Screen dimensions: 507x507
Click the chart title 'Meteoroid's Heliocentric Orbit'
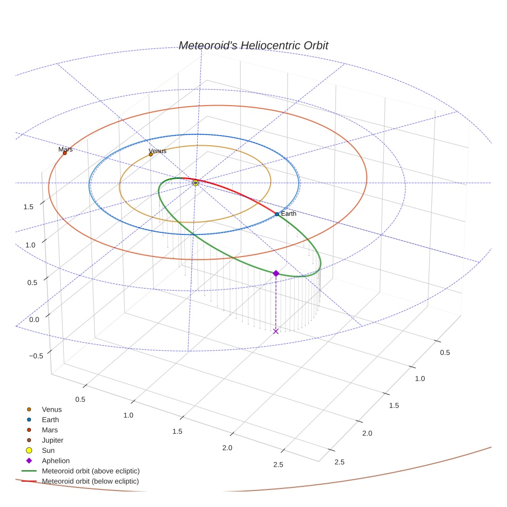[253, 46]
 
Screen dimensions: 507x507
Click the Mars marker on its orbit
[64, 153]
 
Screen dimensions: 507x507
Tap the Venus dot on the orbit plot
[150, 154]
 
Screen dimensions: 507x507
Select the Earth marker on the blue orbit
[277, 214]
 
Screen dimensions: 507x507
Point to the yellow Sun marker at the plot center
[195, 183]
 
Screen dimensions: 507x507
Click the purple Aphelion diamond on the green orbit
[276, 273]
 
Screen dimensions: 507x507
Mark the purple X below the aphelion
[276, 331]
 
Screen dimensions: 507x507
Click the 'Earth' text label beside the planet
[289, 213]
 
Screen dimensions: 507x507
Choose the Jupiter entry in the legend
[53, 440]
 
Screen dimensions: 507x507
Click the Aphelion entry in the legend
[56, 461]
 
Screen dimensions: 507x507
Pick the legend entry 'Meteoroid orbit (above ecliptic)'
[91, 471]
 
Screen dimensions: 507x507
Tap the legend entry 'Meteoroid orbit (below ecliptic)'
[91, 481]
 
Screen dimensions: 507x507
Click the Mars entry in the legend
[49, 430]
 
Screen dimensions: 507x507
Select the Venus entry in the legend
[52, 409]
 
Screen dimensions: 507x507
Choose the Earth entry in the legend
[50, 419]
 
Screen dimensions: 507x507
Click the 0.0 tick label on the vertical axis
[35, 319]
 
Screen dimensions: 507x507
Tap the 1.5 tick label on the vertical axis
[29, 207]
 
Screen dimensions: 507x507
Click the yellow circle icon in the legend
[29, 450]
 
